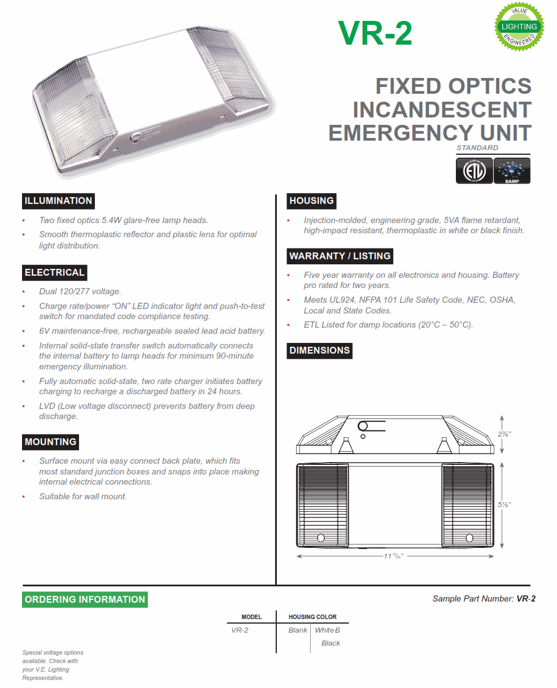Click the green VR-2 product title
pos(375,33)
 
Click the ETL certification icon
pos(473,171)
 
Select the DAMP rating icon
pos(512,171)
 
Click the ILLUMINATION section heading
pos(58,201)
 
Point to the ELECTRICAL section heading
pos(54,273)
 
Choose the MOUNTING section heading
pos(50,442)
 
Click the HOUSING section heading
pos(311,201)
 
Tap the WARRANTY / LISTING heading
pos(340,256)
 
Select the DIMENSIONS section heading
pos(319,351)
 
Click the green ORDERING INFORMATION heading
pos(85,600)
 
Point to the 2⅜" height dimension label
pos(504,434)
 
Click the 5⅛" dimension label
pos(504,504)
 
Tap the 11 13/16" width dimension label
pos(394,556)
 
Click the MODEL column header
pos(251,617)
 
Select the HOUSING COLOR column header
pos(312,617)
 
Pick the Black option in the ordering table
pos(330,643)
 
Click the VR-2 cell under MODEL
pos(240,630)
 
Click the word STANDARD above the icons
pos(477,148)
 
